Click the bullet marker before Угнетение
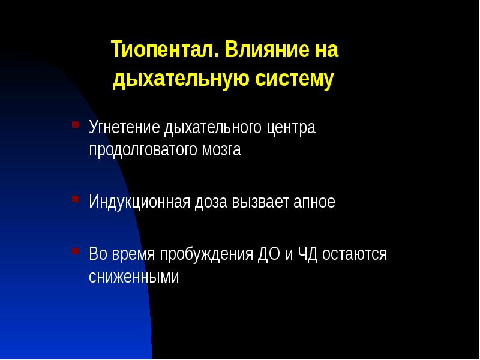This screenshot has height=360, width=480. coord(75,125)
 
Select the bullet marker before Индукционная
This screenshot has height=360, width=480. coord(75,199)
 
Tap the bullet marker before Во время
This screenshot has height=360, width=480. coord(75,251)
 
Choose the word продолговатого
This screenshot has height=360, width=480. coord(140,150)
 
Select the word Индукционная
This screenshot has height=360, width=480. coord(139,202)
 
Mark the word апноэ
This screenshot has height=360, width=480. coord(314,202)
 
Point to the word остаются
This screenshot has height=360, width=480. coord(355,254)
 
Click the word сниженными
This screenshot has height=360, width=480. coord(134,277)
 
